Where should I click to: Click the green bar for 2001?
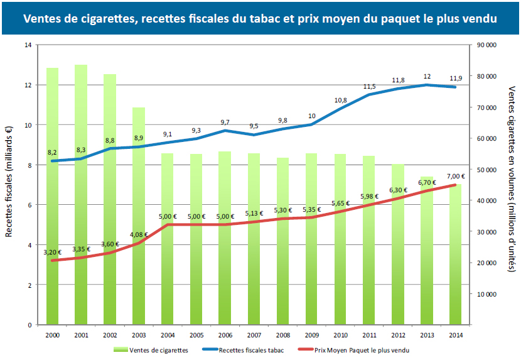point(81,195)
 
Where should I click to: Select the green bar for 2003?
point(139,216)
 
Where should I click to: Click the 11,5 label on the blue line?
point(369,87)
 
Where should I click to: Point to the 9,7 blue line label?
point(225,123)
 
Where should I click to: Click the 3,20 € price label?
point(53,253)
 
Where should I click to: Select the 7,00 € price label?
point(456,177)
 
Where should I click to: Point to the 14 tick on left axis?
point(28,45)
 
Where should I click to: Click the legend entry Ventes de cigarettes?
point(154,349)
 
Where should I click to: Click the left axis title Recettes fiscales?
point(9,182)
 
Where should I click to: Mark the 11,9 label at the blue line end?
point(456,79)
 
